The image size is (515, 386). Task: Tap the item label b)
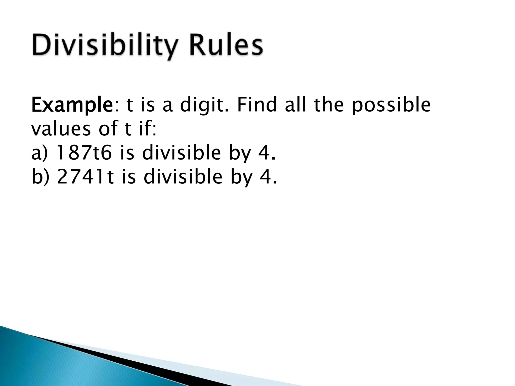40,177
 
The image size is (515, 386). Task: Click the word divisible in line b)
183,177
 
